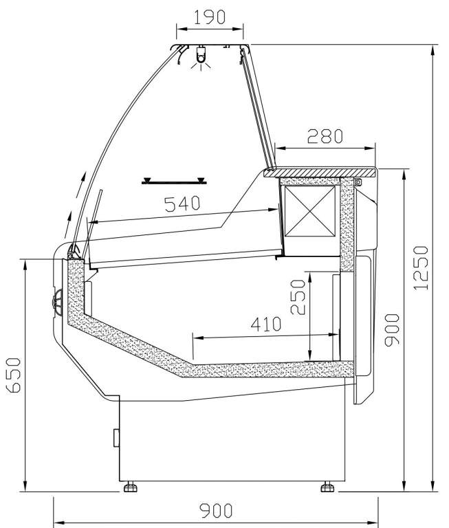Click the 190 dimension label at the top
point(210,17)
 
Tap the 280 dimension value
point(325,136)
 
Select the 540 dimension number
point(182,203)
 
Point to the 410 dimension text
point(266,324)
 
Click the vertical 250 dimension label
point(298,297)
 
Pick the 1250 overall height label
point(421,268)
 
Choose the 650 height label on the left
point(14,375)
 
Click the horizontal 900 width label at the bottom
point(216,511)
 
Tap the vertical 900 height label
point(392,330)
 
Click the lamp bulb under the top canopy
point(201,58)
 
